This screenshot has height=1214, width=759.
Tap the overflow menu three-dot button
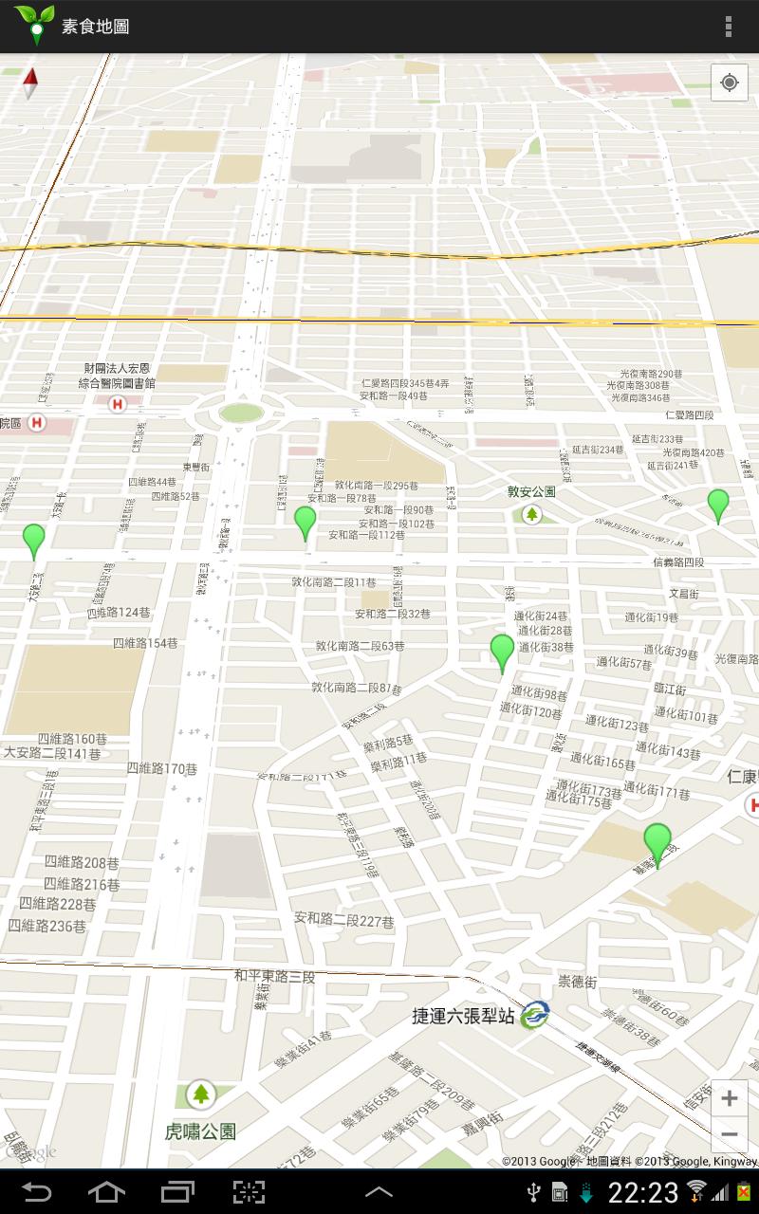(729, 27)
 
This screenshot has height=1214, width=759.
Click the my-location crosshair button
(729, 83)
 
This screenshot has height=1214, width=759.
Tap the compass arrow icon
(30, 83)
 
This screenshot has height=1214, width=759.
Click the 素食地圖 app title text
(95, 27)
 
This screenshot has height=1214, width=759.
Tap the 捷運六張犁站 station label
(463, 1017)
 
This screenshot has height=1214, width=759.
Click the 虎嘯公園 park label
(200, 1131)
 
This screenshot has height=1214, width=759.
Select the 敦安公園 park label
(531, 492)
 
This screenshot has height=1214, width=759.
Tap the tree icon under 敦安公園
(532, 514)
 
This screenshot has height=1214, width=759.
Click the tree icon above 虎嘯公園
(200, 1094)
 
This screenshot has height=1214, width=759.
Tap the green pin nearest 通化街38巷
(502, 652)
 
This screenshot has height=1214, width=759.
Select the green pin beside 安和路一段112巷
(305, 522)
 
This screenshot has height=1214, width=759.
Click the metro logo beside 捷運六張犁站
(534, 1015)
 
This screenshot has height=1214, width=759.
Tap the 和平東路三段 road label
(274, 975)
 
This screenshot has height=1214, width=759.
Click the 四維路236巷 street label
(47, 926)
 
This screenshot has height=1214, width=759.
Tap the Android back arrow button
(36, 1191)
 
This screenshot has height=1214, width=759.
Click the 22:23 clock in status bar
(643, 1192)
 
